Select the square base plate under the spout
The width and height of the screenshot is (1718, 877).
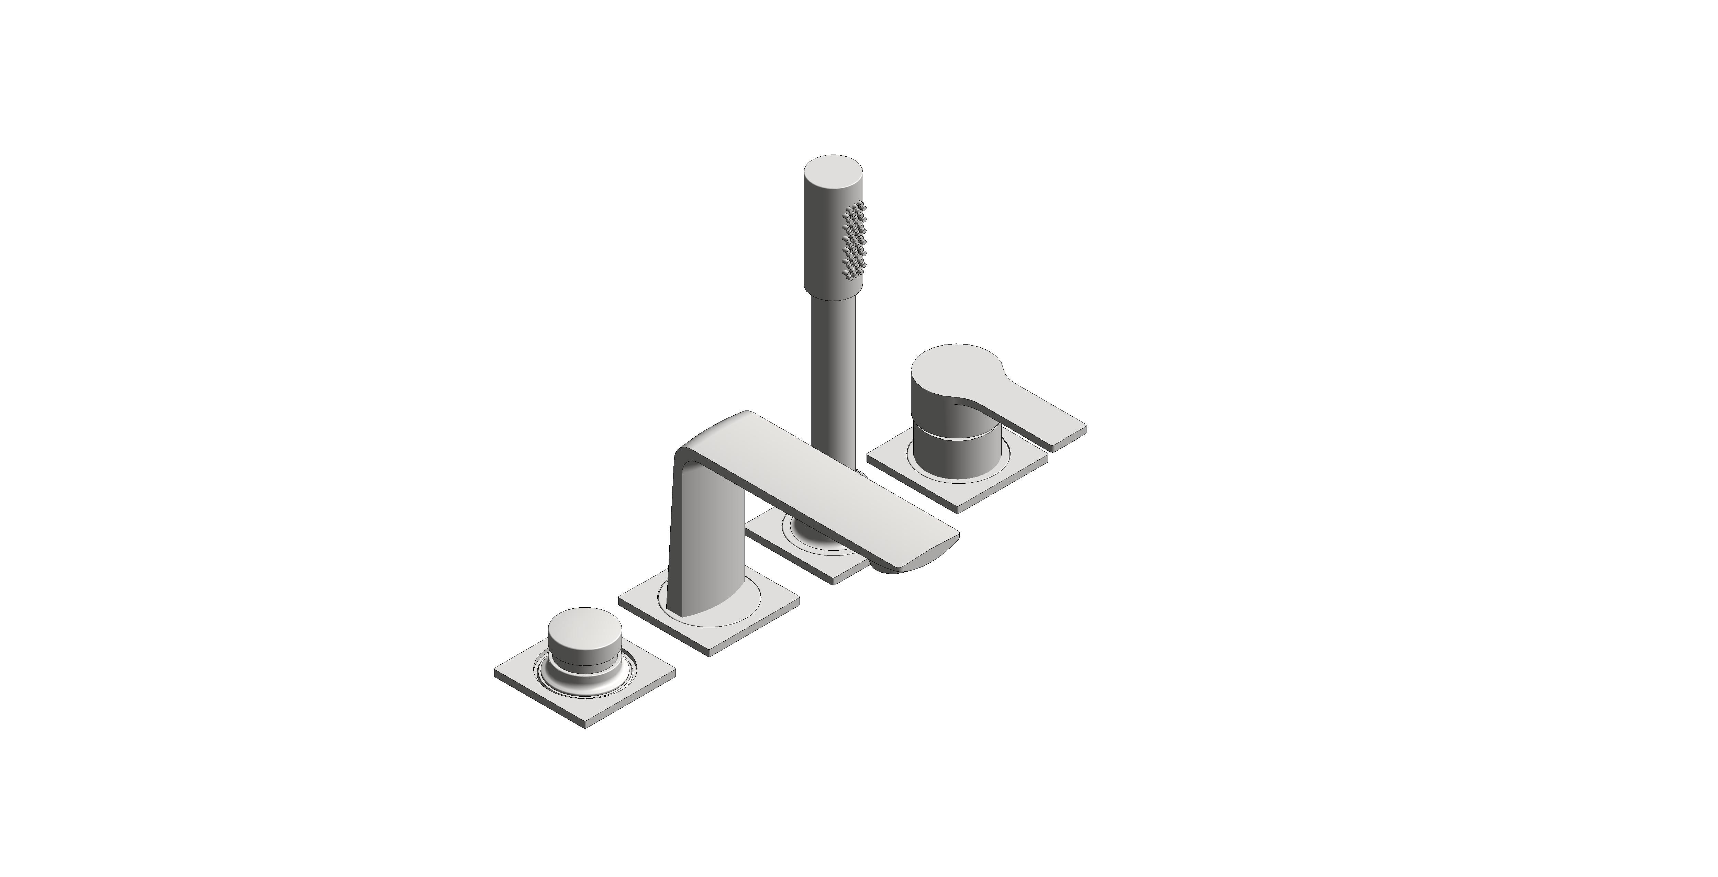(734, 620)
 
